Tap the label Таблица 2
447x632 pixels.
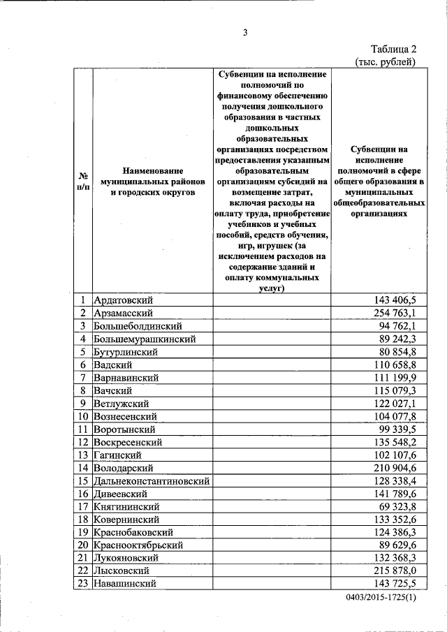[393, 49]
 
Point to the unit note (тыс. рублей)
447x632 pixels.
[386, 61]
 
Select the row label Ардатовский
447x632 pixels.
[123, 300]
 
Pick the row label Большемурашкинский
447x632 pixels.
[144, 339]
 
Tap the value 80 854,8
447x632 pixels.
[397, 351]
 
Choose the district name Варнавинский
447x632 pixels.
[126, 377]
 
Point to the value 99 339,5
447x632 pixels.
[397, 429]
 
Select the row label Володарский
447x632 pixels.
[123, 468]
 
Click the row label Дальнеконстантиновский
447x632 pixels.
[151, 480]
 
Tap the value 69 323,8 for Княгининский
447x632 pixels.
[397, 506]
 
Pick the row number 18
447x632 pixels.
[82, 520]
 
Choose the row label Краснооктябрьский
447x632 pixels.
[138, 545]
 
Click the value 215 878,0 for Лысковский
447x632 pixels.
[395, 571]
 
